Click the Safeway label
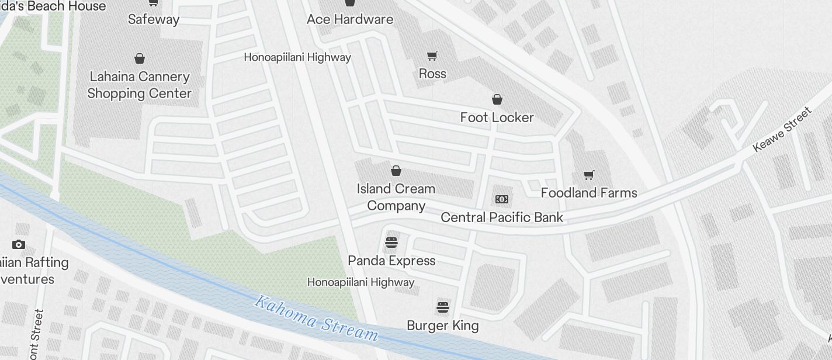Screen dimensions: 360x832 pyautogui.click(x=154, y=19)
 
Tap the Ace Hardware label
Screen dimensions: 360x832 pyautogui.click(x=350, y=19)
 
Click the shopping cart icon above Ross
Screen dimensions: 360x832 pyautogui.click(x=432, y=56)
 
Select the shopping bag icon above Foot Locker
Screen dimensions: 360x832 pyautogui.click(x=497, y=99)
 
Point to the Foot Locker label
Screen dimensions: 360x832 pyautogui.click(x=497, y=117)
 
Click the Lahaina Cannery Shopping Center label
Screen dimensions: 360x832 pyautogui.click(x=139, y=85)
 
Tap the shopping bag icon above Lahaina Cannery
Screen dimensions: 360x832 pyautogui.click(x=140, y=58)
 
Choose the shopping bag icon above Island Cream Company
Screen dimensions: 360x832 pyautogui.click(x=396, y=171)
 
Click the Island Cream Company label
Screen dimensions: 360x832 pyautogui.click(x=396, y=197)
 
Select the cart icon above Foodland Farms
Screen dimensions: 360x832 pyautogui.click(x=589, y=175)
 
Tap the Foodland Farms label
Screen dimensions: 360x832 pyautogui.click(x=589, y=193)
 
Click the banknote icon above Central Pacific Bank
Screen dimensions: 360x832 pyautogui.click(x=501, y=199)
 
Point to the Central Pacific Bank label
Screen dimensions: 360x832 pyautogui.click(x=502, y=217)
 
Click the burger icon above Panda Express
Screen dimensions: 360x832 pyautogui.click(x=391, y=242)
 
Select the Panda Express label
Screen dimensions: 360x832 pyautogui.click(x=391, y=261)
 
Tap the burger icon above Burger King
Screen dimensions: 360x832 pyautogui.click(x=443, y=307)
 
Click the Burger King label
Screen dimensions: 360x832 pyautogui.click(x=443, y=326)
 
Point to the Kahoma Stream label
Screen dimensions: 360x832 pyautogui.click(x=316, y=319)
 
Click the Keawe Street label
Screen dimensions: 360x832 pyautogui.click(x=783, y=129)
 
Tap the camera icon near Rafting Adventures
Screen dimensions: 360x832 pyautogui.click(x=19, y=245)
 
